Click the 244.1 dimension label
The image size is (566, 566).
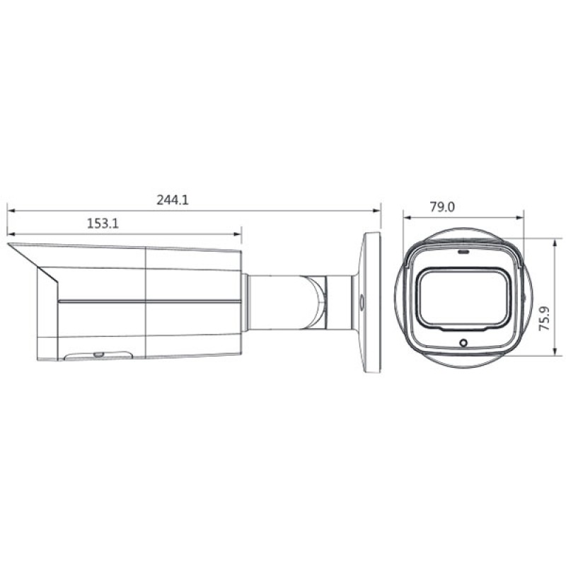coord(173,200)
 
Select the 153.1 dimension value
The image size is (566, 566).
coord(102,224)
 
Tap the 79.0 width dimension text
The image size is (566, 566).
coord(441,207)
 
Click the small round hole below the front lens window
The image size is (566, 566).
coord(463,343)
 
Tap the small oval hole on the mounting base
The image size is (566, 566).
coord(362,301)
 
